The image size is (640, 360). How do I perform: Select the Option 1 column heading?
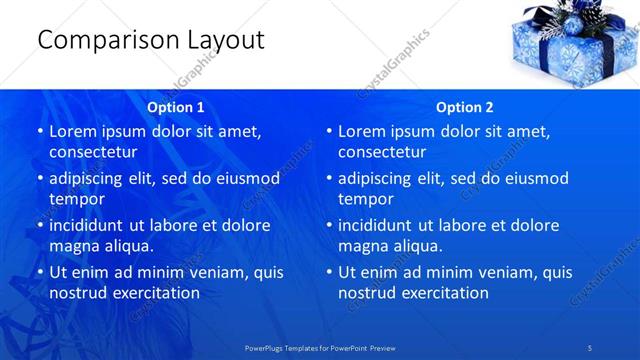click(x=176, y=107)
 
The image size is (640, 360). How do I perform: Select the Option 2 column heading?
click(x=465, y=107)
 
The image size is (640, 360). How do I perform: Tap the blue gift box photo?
click(x=571, y=44)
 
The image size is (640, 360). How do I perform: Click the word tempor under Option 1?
click(x=76, y=199)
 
